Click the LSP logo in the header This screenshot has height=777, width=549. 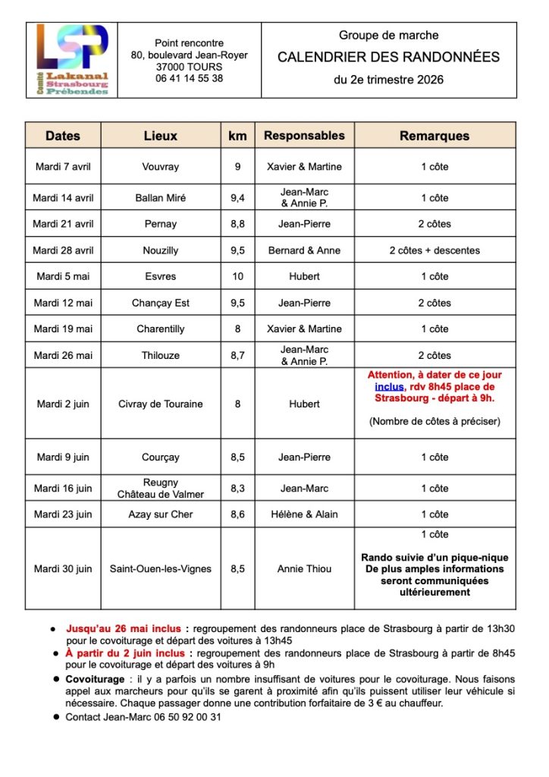[72, 60]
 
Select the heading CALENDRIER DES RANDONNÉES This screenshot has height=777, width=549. [388, 57]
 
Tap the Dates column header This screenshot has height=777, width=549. [63, 136]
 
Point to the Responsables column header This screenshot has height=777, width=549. [304, 136]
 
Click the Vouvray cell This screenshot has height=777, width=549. [161, 167]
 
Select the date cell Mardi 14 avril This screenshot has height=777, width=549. [63, 198]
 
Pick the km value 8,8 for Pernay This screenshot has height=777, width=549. [237, 224]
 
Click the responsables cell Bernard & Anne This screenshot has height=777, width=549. [304, 250]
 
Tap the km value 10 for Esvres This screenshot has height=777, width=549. [237, 276]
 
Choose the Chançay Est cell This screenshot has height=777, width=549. [161, 303]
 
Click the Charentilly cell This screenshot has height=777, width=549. [161, 329]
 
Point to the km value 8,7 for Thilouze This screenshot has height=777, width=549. [237, 355]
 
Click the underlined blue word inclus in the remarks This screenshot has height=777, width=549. [389, 386]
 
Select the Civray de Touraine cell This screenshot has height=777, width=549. [161, 404]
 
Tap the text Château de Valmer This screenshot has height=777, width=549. [161, 494]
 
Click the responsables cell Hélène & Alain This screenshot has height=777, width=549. [304, 514]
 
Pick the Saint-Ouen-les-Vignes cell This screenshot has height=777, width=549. [161, 568]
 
